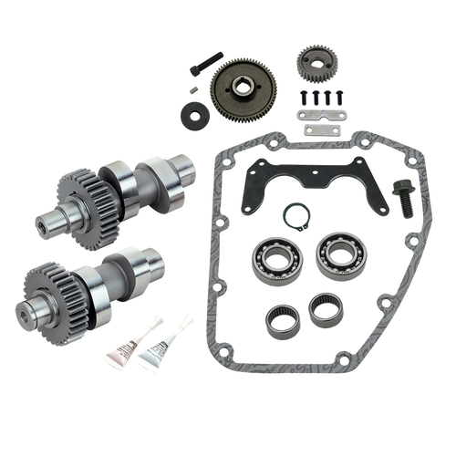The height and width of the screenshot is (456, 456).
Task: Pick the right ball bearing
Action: (335, 256)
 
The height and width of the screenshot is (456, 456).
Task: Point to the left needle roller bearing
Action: (280, 318)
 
